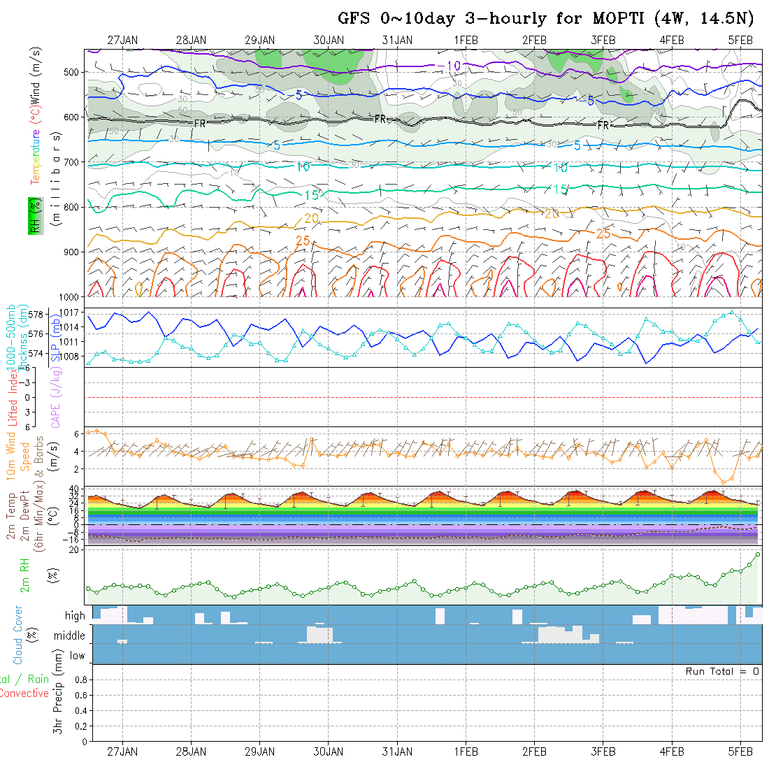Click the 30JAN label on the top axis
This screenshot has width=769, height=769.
pos(329,41)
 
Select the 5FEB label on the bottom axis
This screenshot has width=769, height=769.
pos(740,752)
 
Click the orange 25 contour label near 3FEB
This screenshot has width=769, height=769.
pos(603,233)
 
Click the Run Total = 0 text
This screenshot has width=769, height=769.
pos(722,671)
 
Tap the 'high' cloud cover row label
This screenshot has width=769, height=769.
pos(75,616)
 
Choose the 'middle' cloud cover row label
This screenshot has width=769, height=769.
pos(70,636)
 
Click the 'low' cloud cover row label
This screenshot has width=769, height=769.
pos(77,656)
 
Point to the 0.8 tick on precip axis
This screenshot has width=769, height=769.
pos(80,680)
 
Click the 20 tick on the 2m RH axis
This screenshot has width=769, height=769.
pos(79,549)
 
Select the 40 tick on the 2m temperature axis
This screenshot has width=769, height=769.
pos(78,489)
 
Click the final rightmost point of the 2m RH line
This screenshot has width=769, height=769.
pos(757,554)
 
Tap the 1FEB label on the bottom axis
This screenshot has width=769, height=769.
pos(466,752)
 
